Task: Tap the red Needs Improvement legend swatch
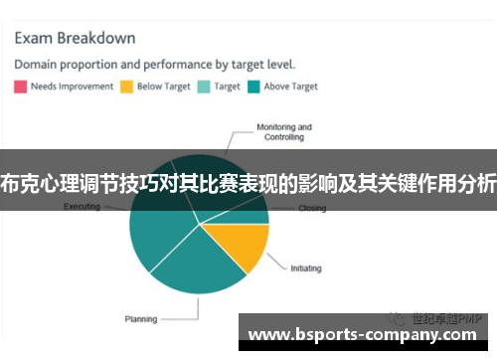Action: [x=20, y=87]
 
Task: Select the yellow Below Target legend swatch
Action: [x=126, y=87]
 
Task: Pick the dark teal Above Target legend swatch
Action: [x=254, y=87]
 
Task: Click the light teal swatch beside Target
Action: [x=205, y=87]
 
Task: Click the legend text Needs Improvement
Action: [x=70, y=87]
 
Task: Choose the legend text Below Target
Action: [x=164, y=87]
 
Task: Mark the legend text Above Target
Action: [x=290, y=87]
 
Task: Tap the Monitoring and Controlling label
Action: [x=283, y=132]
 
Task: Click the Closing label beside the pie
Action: [x=312, y=209]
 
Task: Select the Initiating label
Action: [x=306, y=268]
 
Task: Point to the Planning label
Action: [x=140, y=319]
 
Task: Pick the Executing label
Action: [x=82, y=207]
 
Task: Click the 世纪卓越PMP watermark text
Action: [x=442, y=317]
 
